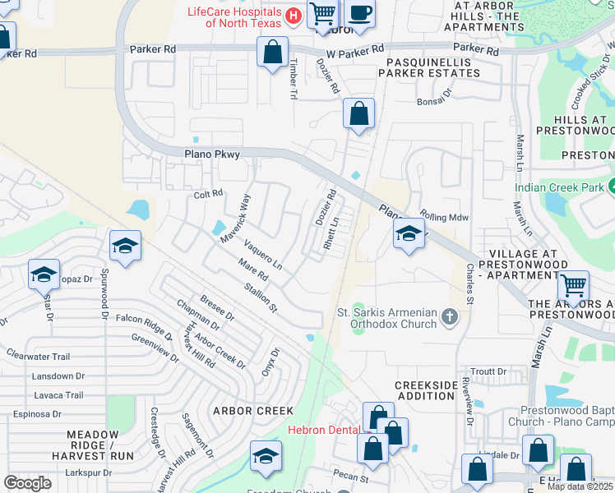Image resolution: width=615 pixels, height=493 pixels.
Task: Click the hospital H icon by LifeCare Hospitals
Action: click(293, 16)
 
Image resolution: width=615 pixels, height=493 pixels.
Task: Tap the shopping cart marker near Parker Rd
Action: click(323, 13)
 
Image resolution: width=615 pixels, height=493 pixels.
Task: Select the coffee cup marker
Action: click(358, 13)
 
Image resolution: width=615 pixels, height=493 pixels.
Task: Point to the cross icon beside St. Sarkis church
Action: click(449, 316)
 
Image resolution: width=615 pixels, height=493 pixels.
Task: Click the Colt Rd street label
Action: click(208, 194)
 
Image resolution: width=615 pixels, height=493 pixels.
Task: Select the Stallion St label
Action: click(261, 298)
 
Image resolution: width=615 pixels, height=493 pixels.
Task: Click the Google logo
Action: click(27, 483)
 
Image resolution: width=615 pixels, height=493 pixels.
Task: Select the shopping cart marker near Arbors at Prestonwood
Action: click(573, 286)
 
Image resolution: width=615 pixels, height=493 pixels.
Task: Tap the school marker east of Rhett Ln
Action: click(409, 234)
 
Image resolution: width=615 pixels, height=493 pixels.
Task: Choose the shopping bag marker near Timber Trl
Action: click(272, 53)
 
